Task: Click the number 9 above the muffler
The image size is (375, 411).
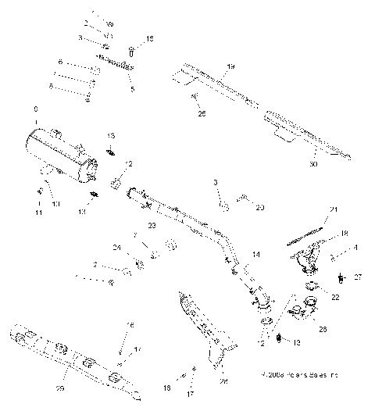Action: [34, 109]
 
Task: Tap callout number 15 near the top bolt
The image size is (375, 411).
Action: [150, 38]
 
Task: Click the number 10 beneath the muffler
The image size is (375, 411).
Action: [55, 204]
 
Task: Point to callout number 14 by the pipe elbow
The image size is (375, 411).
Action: [255, 256]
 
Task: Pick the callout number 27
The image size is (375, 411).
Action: [358, 277]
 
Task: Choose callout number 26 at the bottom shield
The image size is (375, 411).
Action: [223, 382]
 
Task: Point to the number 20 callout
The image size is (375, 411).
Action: [259, 207]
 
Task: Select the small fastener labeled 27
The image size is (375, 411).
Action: [342, 277]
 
